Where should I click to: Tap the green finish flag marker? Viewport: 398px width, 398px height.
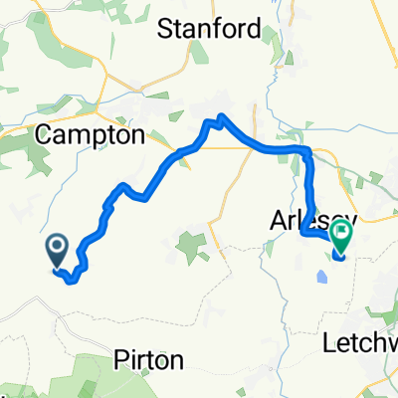click(341, 236)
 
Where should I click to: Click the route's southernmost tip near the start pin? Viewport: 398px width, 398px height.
click(71, 282)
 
